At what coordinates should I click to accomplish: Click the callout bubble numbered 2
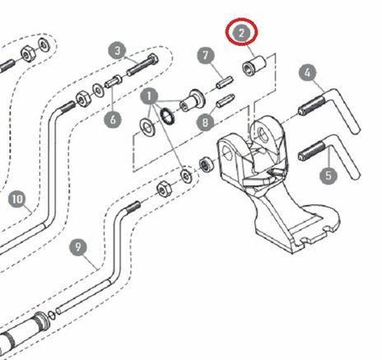[x=241, y=33]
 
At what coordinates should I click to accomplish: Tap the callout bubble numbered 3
[x=118, y=51]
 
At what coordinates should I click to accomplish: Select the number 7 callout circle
[x=206, y=56]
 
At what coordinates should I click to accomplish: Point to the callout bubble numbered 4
[x=308, y=72]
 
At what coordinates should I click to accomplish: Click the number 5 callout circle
[x=328, y=175]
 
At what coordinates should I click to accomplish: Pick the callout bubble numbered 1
[x=149, y=96]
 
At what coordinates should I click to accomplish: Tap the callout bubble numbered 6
[x=113, y=119]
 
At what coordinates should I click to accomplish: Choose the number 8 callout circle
[x=206, y=122]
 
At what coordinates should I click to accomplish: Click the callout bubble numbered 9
[x=78, y=247]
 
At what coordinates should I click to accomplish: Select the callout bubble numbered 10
[x=17, y=199]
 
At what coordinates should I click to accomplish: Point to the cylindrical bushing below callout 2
[x=254, y=66]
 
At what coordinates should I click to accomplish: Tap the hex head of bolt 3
[x=152, y=61]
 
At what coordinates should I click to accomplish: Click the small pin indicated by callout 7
[x=225, y=82]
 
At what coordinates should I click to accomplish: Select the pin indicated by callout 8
[x=225, y=101]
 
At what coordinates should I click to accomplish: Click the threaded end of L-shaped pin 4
[x=311, y=105]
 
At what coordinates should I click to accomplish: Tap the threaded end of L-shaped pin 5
[x=311, y=152]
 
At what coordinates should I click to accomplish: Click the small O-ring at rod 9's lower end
[x=51, y=315]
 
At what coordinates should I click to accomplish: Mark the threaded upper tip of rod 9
[x=133, y=206]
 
